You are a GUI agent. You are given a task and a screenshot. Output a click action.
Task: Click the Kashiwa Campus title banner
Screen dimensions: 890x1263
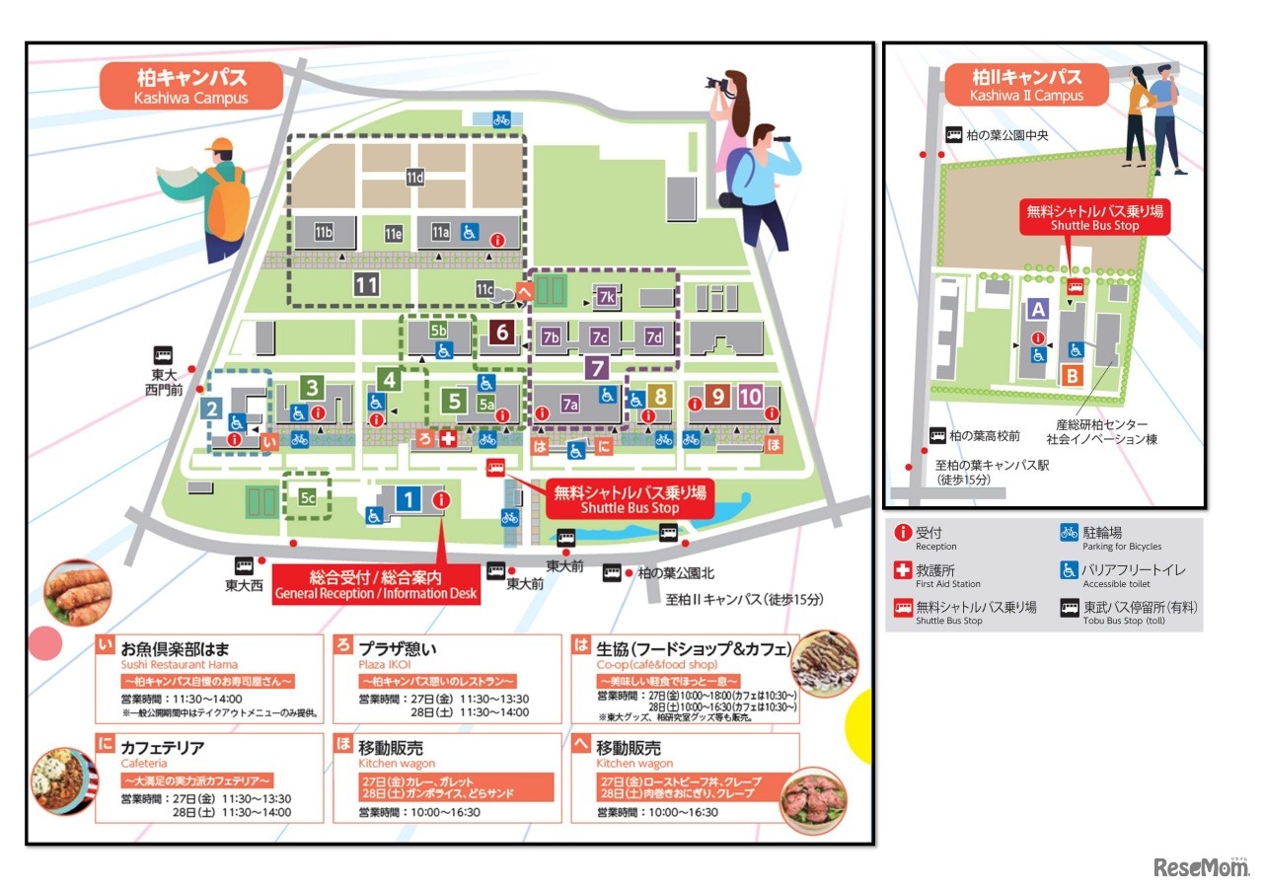(x=190, y=86)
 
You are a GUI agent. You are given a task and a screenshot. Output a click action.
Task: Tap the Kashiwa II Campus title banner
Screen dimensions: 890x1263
(x=1026, y=85)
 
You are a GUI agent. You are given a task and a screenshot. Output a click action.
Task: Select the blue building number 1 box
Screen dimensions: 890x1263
(x=409, y=499)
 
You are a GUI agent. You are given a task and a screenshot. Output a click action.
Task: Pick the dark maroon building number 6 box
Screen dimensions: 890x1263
(x=502, y=334)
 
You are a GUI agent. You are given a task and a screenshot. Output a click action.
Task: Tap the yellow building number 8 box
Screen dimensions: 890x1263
(x=660, y=397)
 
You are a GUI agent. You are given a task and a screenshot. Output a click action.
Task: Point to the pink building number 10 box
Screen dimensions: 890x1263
(x=750, y=397)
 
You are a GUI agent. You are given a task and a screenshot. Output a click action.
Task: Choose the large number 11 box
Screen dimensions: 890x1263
(x=366, y=285)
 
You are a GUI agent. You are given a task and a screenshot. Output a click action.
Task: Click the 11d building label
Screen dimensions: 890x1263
(x=414, y=178)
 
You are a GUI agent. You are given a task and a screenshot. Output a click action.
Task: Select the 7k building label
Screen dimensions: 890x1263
(x=606, y=297)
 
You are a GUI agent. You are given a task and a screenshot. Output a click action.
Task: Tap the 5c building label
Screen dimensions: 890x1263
(x=308, y=498)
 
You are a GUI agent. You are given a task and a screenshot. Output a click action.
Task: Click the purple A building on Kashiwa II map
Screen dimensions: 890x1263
(x=1037, y=309)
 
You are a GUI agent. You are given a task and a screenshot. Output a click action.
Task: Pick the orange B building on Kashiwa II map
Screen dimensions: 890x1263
(x=1072, y=375)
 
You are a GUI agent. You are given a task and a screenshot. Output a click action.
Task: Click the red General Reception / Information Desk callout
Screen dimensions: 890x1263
(x=376, y=584)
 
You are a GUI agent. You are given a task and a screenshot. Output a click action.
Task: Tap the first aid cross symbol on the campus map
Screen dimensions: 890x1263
(x=448, y=439)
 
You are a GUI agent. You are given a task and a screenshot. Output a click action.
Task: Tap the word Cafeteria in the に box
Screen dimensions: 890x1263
(x=144, y=763)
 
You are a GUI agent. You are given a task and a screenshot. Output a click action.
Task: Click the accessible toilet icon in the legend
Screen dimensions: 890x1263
(x=1069, y=570)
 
